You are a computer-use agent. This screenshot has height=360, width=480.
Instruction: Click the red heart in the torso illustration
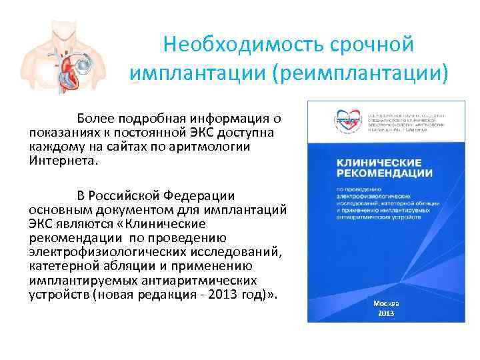tap(63, 66)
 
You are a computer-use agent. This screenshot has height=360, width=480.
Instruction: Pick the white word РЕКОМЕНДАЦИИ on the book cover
tap(376, 173)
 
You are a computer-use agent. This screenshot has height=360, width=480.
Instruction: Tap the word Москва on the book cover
tap(386, 303)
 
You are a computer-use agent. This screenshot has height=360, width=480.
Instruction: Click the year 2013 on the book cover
tap(386, 313)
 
